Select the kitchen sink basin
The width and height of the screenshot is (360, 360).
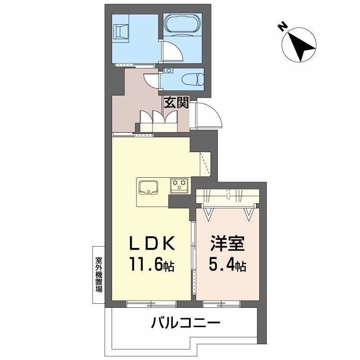(147, 186)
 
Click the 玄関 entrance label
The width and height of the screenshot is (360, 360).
(176, 103)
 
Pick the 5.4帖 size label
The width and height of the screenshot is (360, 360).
(228, 265)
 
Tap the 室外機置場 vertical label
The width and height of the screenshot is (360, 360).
(99, 274)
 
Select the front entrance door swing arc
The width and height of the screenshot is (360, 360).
(208, 115)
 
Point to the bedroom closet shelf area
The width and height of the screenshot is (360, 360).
(228, 197)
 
